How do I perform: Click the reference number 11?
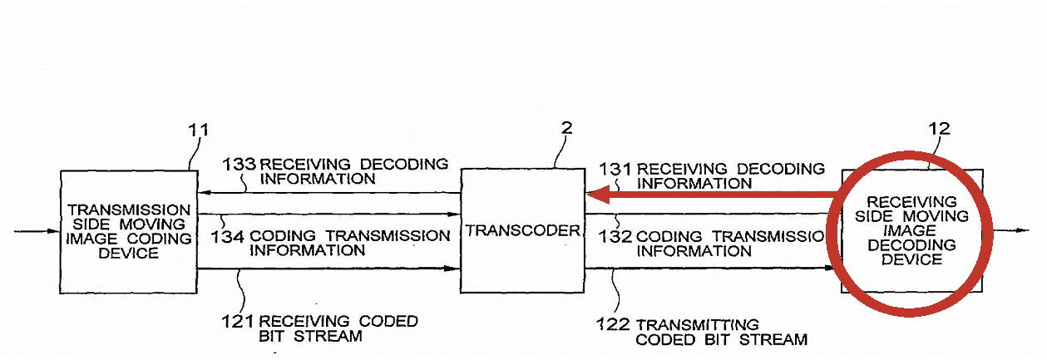(198, 130)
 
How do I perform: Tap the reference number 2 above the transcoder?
(566, 128)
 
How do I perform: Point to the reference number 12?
(940, 129)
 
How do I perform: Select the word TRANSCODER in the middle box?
(522, 230)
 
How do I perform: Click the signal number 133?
(239, 164)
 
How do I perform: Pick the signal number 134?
(228, 237)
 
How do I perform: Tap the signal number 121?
(238, 322)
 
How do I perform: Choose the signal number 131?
(615, 169)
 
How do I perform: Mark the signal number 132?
(615, 237)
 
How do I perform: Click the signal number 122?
(613, 324)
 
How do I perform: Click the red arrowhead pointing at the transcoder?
(598, 195)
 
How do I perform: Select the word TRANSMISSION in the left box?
(129, 210)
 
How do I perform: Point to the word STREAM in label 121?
(328, 336)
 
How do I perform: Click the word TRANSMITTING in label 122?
(698, 325)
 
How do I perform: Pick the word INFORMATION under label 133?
(318, 179)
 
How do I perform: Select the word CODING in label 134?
(283, 235)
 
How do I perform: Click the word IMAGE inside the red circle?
(909, 230)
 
